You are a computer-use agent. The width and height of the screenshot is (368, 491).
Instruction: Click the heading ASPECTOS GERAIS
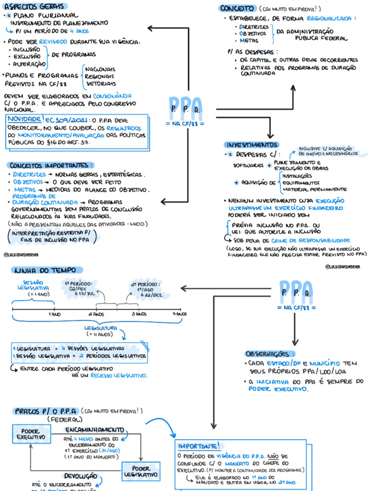[35, 6]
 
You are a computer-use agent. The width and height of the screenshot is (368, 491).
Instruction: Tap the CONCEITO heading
[237, 8]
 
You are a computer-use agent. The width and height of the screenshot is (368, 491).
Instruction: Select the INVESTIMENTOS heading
[251, 145]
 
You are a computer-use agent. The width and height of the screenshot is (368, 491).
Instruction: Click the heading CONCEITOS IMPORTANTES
[50, 165]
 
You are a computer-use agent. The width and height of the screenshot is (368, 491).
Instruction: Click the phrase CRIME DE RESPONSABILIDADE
[310, 240]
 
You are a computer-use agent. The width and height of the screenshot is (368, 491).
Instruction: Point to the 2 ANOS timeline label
[96, 314]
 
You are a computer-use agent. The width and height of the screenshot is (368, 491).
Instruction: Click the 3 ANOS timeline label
[138, 314]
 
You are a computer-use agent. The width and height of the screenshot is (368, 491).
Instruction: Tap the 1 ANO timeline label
[54, 314]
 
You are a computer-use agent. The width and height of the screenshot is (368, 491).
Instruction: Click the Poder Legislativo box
[141, 471]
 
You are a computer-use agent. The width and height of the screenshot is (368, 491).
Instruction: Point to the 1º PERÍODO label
[79, 284]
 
